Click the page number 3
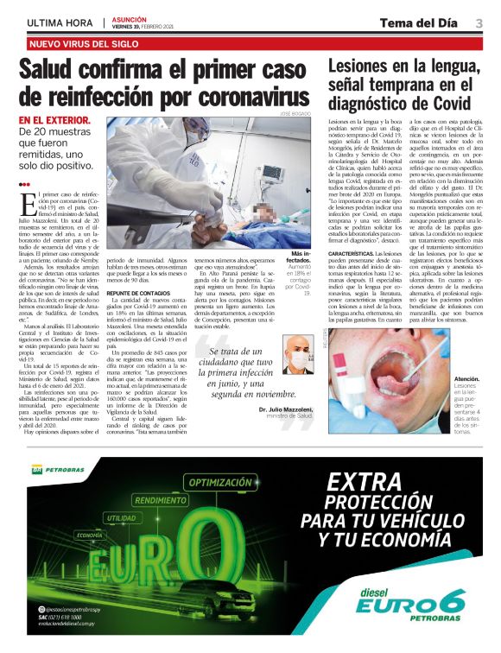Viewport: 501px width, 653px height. click(x=479, y=22)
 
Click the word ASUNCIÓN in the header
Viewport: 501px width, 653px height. click(x=129, y=17)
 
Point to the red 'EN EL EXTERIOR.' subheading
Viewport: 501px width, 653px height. click(x=54, y=121)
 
